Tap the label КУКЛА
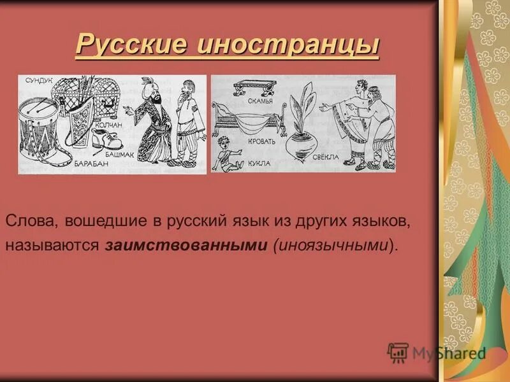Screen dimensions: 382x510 click(x=258, y=164)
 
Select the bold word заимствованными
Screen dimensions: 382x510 click(x=184, y=245)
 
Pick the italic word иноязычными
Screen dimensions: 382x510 click(x=331, y=245)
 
